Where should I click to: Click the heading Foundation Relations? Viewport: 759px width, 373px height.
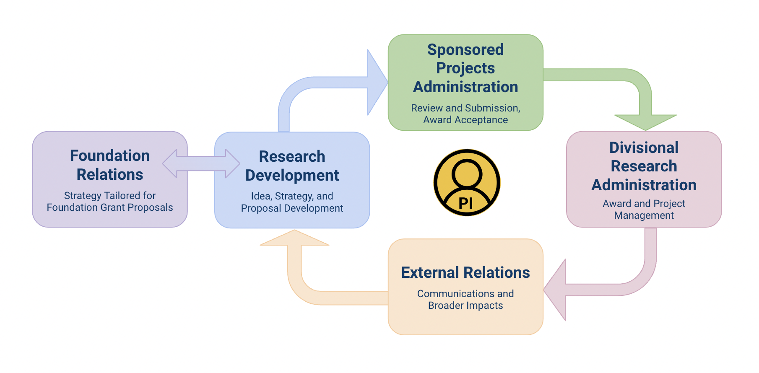(110, 165)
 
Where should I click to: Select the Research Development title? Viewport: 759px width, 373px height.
(292, 166)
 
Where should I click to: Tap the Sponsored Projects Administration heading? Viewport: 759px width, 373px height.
(465, 68)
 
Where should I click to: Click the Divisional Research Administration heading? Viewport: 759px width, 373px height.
(644, 166)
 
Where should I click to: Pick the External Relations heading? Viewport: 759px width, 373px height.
(465, 272)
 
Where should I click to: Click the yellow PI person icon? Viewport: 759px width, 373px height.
(467, 182)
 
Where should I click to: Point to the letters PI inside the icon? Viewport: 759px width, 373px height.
(466, 203)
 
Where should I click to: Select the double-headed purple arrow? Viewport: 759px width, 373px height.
(201, 163)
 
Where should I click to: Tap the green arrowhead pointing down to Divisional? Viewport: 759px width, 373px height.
(645, 121)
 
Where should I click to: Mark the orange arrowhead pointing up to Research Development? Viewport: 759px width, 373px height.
(294, 238)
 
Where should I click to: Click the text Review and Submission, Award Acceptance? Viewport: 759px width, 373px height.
(465, 114)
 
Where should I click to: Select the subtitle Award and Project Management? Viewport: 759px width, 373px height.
(644, 210)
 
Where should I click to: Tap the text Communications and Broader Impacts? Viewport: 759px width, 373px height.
(465, 300)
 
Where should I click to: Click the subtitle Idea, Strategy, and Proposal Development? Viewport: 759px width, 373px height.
(292, 202)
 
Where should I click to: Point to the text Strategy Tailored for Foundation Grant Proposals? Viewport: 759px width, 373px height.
(110, 202)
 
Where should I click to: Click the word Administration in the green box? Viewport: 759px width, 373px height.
(465, 87)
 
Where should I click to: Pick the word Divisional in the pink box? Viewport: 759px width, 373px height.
(644, 148)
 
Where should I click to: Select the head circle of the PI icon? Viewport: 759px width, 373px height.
(467, 172)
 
